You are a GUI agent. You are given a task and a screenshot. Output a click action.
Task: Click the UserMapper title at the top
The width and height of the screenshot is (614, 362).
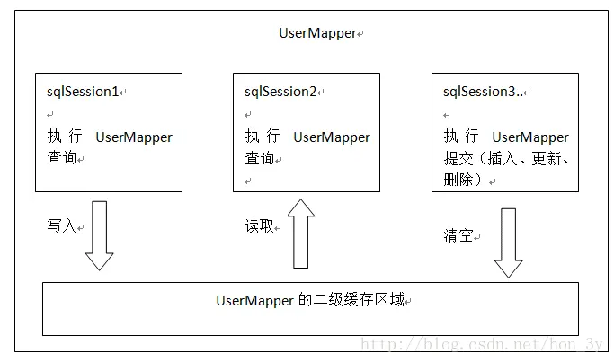click(x=317, y=33)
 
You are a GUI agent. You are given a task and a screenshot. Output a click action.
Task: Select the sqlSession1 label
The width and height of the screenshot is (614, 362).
click(x=83, y=92)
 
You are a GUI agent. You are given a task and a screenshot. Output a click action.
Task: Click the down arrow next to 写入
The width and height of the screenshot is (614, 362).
click(x=100, y=234)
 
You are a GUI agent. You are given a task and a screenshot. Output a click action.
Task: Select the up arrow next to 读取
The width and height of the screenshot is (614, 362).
click(x=302, y=234)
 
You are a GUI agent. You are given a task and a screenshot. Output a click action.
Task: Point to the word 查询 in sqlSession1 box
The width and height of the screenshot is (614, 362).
click(x=61, y=158)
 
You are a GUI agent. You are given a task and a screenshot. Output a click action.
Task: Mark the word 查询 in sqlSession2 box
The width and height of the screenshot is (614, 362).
click(x=259, y=158)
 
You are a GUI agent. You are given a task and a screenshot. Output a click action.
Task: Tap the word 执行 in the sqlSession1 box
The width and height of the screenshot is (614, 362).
click(x=65, y=137)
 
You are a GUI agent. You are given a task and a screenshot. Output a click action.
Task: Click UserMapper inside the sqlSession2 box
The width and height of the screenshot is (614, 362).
click(x=332, y=137)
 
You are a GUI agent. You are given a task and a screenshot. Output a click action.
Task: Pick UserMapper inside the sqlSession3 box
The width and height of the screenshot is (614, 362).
click(x=530, y=137)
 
